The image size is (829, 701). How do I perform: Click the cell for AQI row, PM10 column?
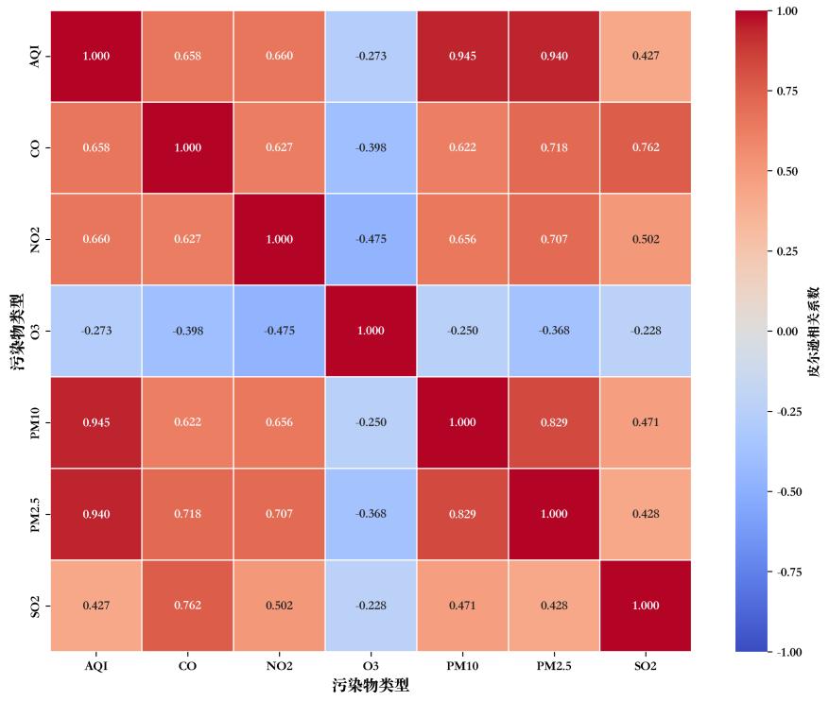(462, 56)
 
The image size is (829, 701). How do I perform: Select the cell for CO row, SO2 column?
(646, 147)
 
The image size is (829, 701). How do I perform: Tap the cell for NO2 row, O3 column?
(371, 239)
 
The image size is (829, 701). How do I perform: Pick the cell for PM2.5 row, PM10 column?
(462, 514)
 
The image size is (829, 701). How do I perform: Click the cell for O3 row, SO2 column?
(646, 331)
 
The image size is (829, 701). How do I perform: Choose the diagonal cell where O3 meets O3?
(371, 331)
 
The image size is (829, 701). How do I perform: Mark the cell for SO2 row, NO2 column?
(279, 606)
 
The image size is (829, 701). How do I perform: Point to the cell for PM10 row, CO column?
(187, 422)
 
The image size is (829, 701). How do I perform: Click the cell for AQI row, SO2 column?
(646, 56)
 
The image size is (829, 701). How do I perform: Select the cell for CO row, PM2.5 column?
(554, 147)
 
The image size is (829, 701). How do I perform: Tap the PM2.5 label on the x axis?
(554, 667)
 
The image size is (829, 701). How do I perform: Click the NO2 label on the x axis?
(279, 667)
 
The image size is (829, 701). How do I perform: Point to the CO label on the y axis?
(36, 147)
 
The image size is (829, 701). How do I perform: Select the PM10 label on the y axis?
(36, 422)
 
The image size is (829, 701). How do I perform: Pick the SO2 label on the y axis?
(36, 606)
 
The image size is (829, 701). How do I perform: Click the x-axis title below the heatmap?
(371, 686)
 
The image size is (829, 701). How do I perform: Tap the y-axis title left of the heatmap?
(17, 331)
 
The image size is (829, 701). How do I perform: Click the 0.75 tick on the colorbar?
(787, 92)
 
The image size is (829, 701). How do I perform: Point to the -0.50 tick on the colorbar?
(789, 492)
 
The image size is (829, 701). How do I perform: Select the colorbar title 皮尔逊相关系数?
(813, 331)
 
